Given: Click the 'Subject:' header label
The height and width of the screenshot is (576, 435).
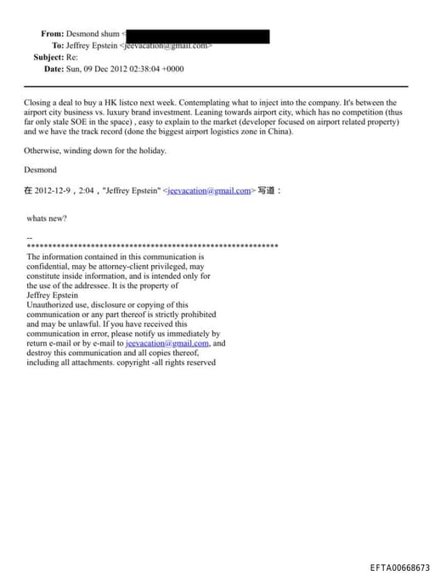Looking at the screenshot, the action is (x=48, y=57).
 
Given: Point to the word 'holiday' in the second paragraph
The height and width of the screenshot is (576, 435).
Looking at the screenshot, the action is (x=148, y=151).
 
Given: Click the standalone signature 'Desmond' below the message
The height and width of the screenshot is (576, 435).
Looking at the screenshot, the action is (x=40, y=170).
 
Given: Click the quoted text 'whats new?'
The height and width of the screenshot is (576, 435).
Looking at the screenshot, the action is (x=48, y=218).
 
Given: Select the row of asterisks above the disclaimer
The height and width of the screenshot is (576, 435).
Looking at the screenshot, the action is (x=153, y=246).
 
